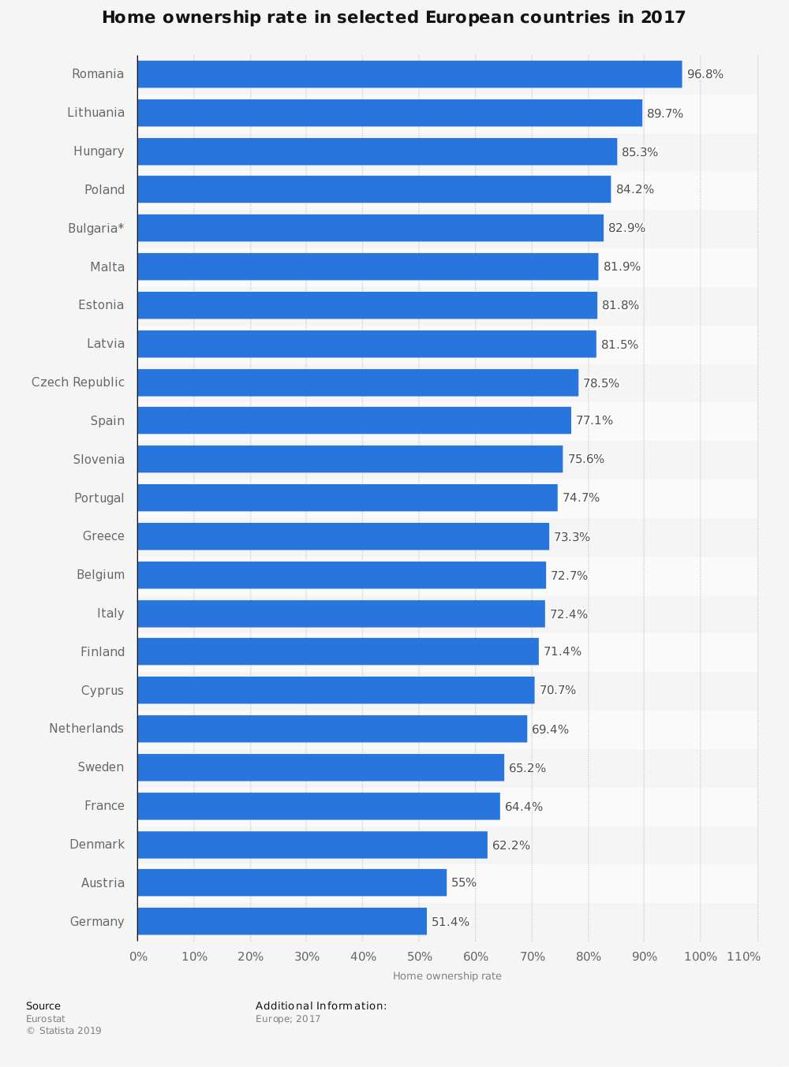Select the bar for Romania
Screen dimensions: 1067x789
[x=409, y=74]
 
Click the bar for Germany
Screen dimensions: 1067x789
[x=282, y=921]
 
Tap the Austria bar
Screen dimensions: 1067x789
[x=292, y=882]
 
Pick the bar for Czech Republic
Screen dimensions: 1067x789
[x=357, y=382]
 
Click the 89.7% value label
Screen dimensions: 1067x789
[x=665, y=114]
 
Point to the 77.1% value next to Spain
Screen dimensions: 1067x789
[x=594, y=420]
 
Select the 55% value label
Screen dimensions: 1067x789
[x=464, y=882]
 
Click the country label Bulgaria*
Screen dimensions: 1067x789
[x=95, y=229]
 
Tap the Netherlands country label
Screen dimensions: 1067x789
[x=86, y=729]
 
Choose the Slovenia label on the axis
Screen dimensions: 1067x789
[x=99, y=460]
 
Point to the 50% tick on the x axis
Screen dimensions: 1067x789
[x=420, y=957]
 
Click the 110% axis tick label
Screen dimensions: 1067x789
[x=743, y=957]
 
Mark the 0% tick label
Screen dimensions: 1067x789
[x=138, y=957]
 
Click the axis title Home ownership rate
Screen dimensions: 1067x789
[x=447, y=976]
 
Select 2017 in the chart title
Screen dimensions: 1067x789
[x=663, y=17]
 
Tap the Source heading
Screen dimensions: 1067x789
[x=43, y=1006]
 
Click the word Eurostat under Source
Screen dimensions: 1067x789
[x=46, y=1019]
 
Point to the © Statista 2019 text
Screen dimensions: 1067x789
[x=64, y=1031]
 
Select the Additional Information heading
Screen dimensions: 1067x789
[x=321, y=1006]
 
